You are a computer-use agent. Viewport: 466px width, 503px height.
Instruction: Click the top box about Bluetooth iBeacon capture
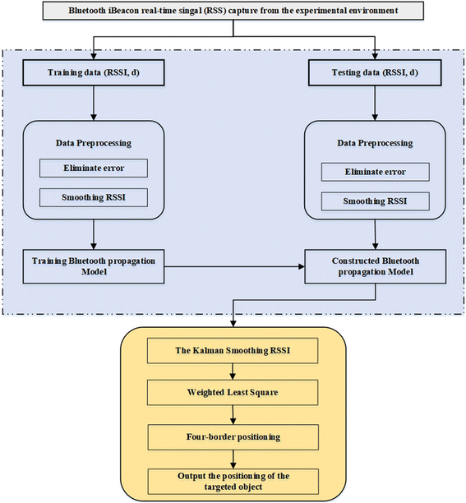pyautogui.click(x=233, y=12)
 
